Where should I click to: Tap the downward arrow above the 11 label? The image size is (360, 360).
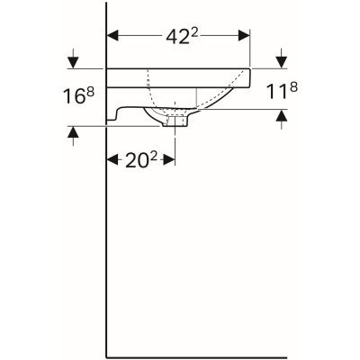[281, 61]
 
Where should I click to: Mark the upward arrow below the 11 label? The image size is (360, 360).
[281, 114]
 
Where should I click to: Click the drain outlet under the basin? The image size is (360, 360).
[175, 120]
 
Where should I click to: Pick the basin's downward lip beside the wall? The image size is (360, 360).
[114, 112]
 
